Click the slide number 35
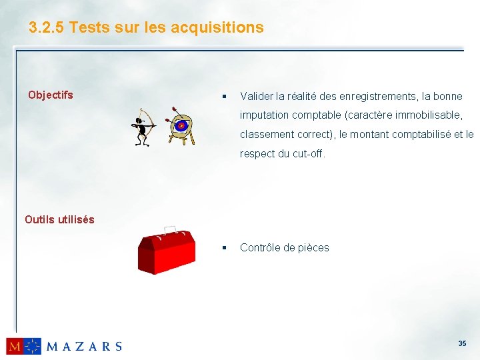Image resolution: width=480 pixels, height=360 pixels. point(462,343)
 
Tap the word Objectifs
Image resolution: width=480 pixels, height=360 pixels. point(51,95)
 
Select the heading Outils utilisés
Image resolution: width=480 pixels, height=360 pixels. point(59,219)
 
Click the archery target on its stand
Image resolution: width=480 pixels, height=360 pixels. point(181,125)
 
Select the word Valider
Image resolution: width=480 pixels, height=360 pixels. point(256,97)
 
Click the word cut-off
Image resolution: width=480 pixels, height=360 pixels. point(308,153)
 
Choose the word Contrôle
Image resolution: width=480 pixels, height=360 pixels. point(260,247)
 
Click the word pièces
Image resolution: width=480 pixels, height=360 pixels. point(313,248)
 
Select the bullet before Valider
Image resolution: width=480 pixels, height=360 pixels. point(226,97)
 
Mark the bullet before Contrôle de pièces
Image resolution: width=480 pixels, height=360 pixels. point(226,248)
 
